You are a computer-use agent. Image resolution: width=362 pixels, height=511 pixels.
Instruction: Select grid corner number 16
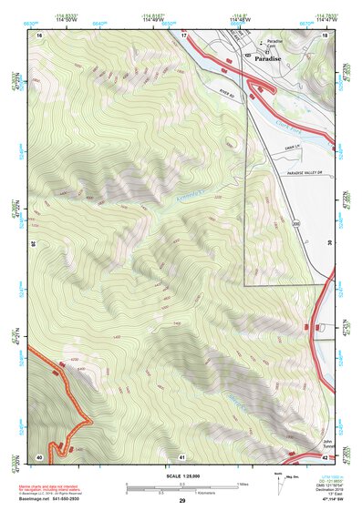tap(40, 35)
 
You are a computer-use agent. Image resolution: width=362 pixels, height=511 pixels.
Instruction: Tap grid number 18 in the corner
tap(326, 35)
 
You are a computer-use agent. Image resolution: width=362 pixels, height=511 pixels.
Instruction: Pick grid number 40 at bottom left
tap(39, 456)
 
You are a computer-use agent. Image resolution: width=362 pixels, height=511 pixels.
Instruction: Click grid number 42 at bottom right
tap(326, 456)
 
